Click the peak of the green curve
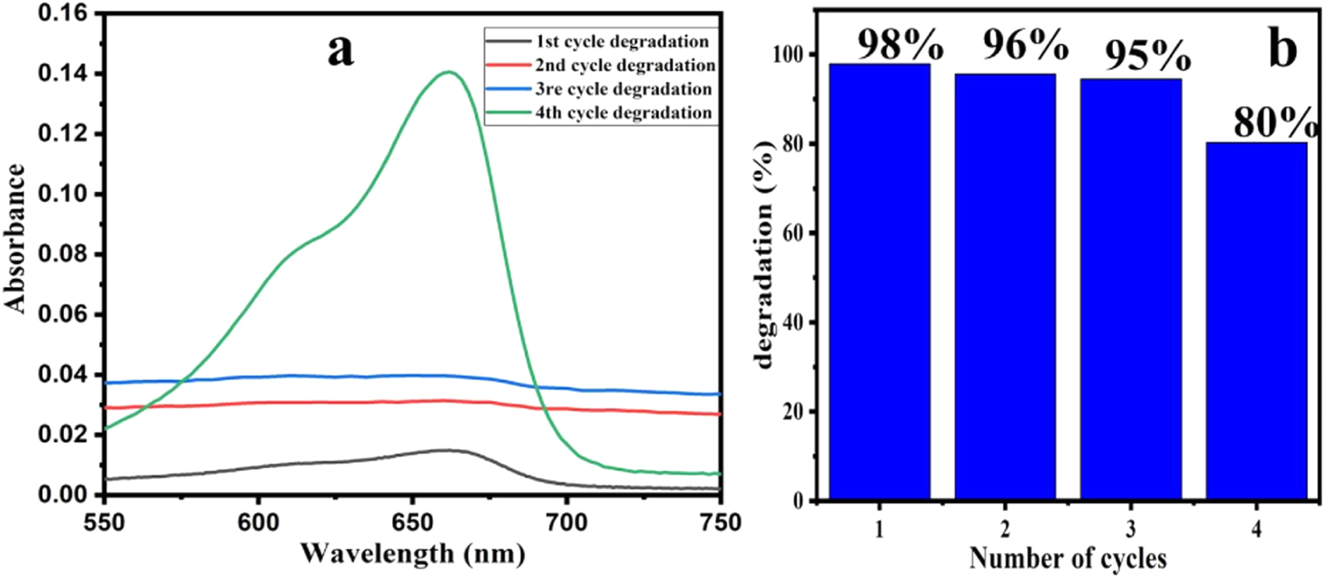tap(449, 72)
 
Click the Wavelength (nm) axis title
tap(412, 554)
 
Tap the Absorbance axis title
tap(16, 240)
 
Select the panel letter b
tap(1282, 49)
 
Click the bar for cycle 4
tap(1256, 320)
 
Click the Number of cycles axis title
tap(1067, 558)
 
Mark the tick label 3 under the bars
tap(1130, 530)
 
